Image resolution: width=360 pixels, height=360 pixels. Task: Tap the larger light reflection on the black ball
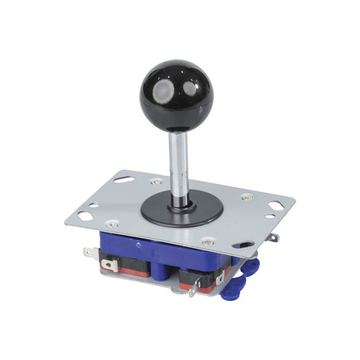coord(164,91)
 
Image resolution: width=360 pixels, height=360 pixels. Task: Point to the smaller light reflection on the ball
coord(190,89)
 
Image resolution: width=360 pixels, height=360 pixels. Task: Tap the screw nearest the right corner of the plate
coord(247,197)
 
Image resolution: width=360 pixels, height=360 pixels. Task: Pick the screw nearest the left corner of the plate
coord(112,223)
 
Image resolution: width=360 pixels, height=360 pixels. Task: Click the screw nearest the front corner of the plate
coord(208,242)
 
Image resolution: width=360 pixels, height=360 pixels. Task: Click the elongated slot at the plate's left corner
coord(85,215)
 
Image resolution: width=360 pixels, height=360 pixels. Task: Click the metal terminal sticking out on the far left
coord(91,252)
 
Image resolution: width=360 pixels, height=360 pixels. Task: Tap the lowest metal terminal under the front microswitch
coord(193,291)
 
